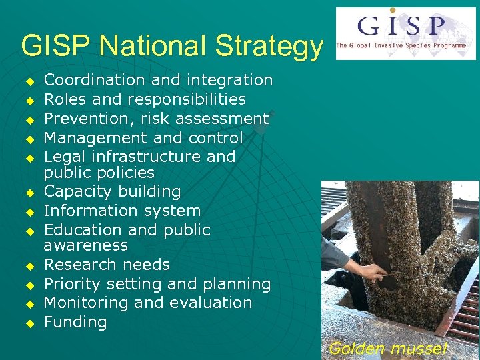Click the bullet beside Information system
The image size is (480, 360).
click(29, 212)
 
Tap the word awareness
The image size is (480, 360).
click(85, 245)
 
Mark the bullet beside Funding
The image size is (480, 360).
click(29, 323)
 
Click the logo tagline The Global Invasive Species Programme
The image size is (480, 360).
click(401, 45)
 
